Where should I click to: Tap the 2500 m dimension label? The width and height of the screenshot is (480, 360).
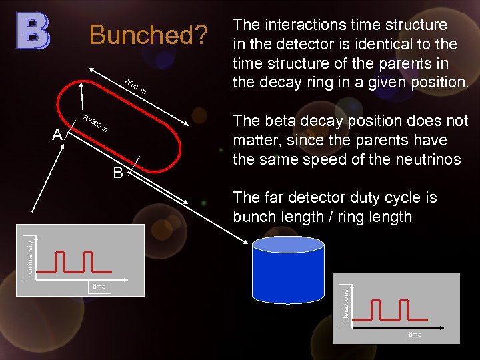pos(136,86)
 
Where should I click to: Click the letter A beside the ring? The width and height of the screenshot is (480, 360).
pos(57,135)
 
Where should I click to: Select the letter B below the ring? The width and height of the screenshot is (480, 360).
pos(118,173)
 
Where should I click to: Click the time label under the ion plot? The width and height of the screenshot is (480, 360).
pos(99,287)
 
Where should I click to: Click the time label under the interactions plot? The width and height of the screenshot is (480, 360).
pos(415,335)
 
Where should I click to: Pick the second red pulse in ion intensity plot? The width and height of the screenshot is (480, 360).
pos(85,261)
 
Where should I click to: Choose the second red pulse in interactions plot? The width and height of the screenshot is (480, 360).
pos(401,310)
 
